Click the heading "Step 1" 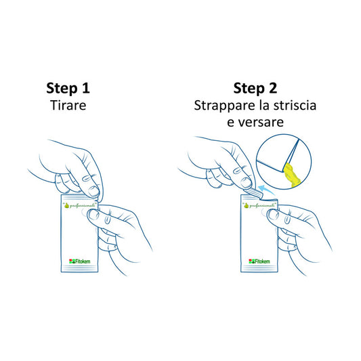[68, 88]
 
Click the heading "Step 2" [255, 88]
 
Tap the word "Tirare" [68, 106]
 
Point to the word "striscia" [293, 106]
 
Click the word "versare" [263, 123]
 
